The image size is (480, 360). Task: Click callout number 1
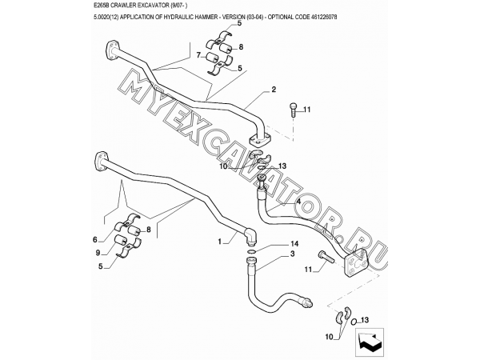(219, 242)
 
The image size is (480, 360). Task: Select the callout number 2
(274, 90)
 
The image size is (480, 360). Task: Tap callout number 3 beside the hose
(292, 254)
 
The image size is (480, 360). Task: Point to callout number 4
(298, 202)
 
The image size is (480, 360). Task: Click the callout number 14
(294, 244)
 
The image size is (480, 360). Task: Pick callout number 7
(198, 55)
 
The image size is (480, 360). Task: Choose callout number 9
(98, 253)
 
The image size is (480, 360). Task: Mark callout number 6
(95, 240)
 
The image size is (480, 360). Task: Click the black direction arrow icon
(369, 342)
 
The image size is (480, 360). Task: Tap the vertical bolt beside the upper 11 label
(292, 110)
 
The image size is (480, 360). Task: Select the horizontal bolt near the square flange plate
(326, 257)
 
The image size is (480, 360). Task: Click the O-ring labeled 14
(250, 252)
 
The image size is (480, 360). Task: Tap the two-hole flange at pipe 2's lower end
(260, 139)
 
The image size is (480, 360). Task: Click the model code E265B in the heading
(101, 6)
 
